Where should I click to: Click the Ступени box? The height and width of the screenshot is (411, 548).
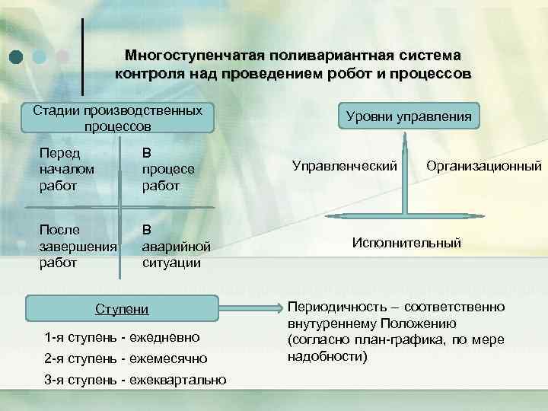[x=121, y=309]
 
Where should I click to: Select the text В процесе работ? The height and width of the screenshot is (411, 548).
[x=168, y=168]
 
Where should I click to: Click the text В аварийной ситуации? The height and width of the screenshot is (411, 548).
[x=171, y=244]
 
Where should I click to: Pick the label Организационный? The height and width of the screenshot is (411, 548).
[x=484, y=164]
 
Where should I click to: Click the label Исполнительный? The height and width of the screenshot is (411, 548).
[x=406, y=243]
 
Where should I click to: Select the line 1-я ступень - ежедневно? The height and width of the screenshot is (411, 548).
[x=122, y=336]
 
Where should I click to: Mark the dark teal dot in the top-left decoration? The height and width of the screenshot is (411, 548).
[x=17, y=56]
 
